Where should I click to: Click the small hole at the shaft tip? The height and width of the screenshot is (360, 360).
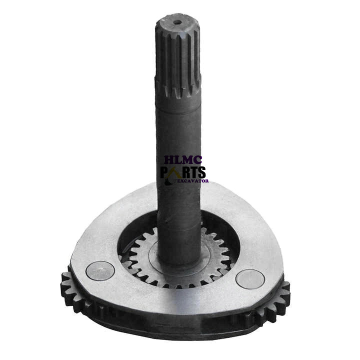tap(177, 22)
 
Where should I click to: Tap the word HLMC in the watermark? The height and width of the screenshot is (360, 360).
tap(183, 160)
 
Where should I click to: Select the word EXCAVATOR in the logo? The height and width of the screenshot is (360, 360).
tap(193, 181)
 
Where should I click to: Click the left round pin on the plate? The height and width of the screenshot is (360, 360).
tap(100, 271)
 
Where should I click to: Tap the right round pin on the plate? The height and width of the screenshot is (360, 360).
tap(250, 279)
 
